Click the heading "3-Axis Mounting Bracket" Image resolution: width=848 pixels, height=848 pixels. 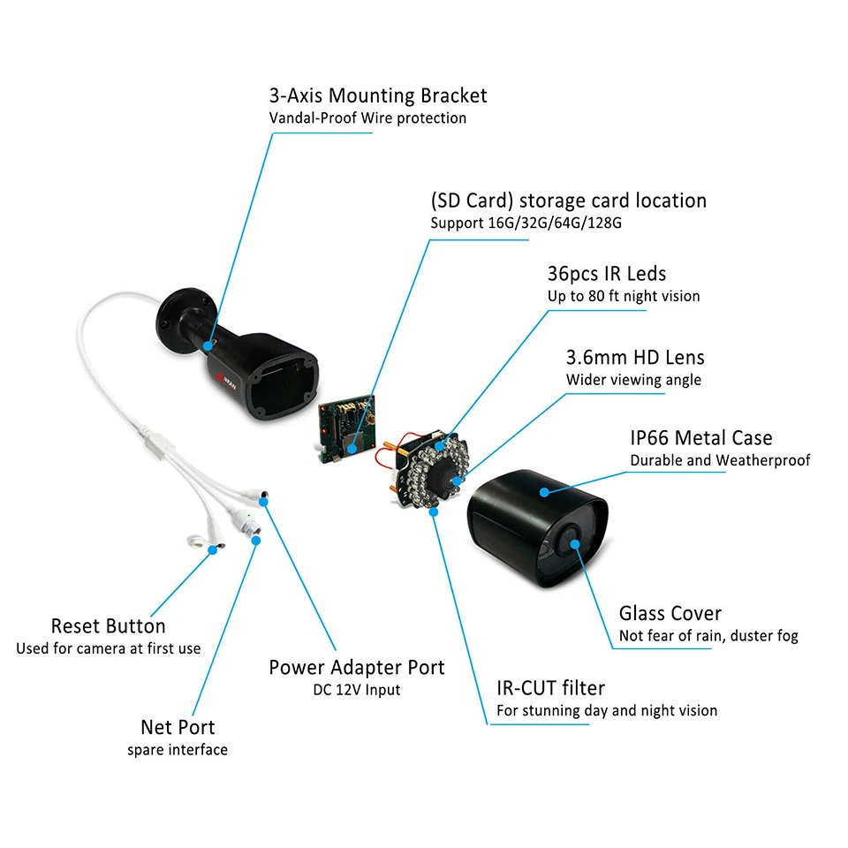tap(377, 95)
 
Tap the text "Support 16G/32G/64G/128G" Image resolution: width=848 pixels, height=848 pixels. tap(526, 223)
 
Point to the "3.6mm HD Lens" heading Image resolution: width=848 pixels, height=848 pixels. tap(635, 357)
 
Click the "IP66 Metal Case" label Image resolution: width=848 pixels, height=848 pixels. tap(700, 437)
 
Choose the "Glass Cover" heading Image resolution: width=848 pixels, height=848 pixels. tap(670, 613)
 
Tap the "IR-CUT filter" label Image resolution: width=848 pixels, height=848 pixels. tap(550, 688)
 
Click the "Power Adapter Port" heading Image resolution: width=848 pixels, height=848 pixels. tap(357, 667)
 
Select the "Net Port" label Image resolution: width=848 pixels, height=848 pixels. tap(178, 727)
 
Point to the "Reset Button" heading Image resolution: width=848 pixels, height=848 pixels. tap(108, 626)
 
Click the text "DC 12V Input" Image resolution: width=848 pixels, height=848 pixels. tap(357, 689)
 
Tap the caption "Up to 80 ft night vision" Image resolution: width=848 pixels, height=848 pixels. tap(624, 296)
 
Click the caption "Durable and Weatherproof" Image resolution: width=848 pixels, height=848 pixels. tap(720, 460)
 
